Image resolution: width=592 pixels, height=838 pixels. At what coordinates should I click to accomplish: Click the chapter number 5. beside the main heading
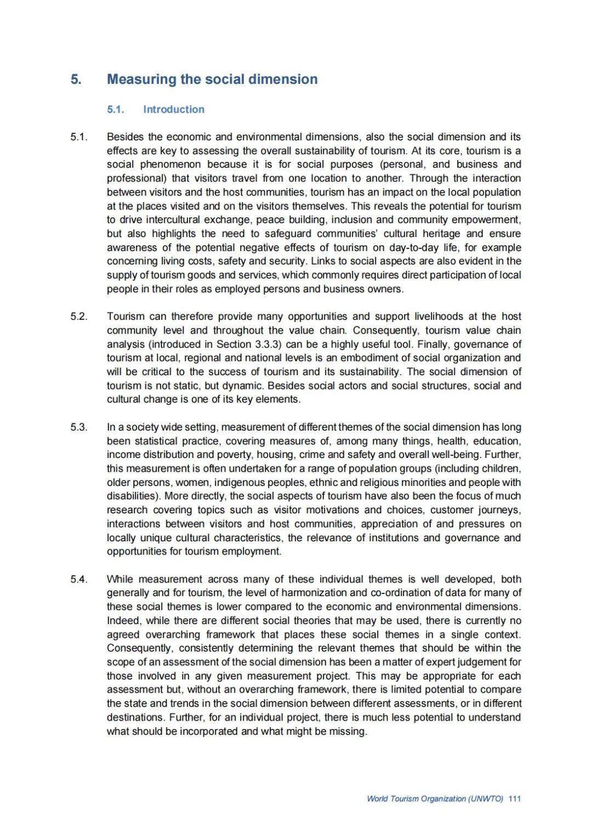76,80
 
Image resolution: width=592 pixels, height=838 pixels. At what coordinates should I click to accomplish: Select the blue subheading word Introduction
173,109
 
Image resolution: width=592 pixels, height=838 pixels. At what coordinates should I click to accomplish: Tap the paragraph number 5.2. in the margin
79,316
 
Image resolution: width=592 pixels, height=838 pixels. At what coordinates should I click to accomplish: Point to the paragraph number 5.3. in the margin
79,427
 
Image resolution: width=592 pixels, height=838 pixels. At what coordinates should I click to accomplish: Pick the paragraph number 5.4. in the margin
79,579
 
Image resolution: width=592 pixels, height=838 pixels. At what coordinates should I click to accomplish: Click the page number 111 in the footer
514,799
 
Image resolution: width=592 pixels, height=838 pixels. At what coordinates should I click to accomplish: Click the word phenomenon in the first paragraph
170,165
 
